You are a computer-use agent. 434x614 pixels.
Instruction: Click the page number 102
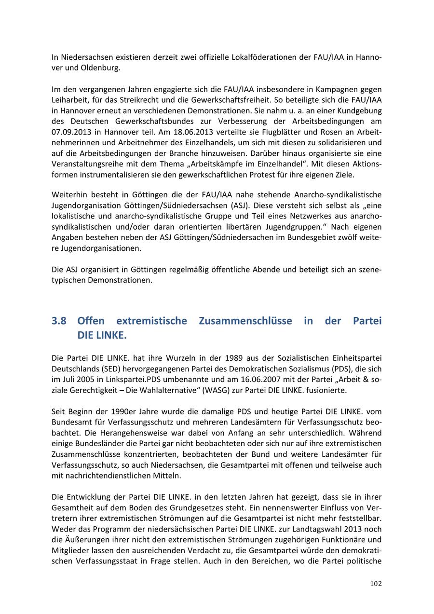tap(376, 584)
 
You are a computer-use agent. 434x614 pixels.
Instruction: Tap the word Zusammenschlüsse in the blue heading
tap(245, 321)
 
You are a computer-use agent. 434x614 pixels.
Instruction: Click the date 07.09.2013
tap(74, 132)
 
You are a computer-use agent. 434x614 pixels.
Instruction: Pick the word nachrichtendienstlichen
tap(108, 476)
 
